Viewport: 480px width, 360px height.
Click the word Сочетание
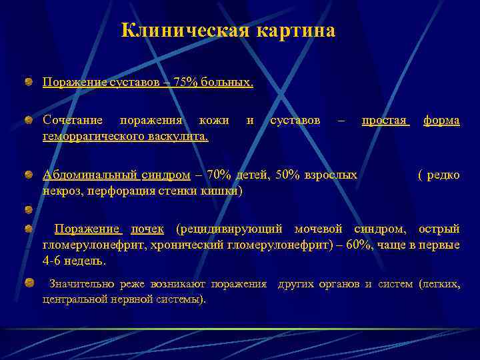click(72, 120)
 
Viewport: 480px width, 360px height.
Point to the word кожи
click(214, 120)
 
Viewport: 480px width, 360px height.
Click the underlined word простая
click(384, 120)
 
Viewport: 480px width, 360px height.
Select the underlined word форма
click(441, 120)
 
